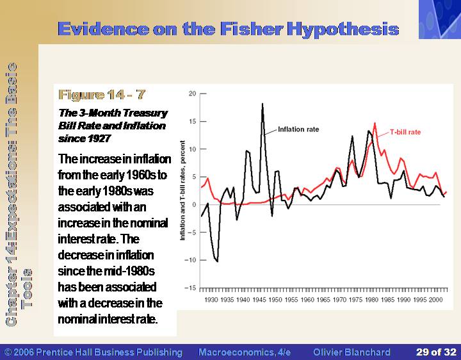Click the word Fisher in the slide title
[252, 29]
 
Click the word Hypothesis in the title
[343, 29]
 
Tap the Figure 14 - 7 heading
[102, 95]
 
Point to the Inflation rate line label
[298, 129]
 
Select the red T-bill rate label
[405, 133]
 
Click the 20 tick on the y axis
[192, 94]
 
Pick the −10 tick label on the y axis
[190, 260]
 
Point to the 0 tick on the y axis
[194, 204]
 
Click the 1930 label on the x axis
[211, 300]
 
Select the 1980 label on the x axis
[371, 300]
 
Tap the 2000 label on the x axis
[436, 300]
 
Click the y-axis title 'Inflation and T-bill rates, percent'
[182, 190]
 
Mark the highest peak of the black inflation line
[263, 104]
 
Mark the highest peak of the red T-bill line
[375, 123]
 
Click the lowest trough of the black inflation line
[217, 261]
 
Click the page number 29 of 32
[436, 352]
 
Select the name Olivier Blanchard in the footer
[352, 352]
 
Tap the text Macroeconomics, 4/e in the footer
[245, 352]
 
